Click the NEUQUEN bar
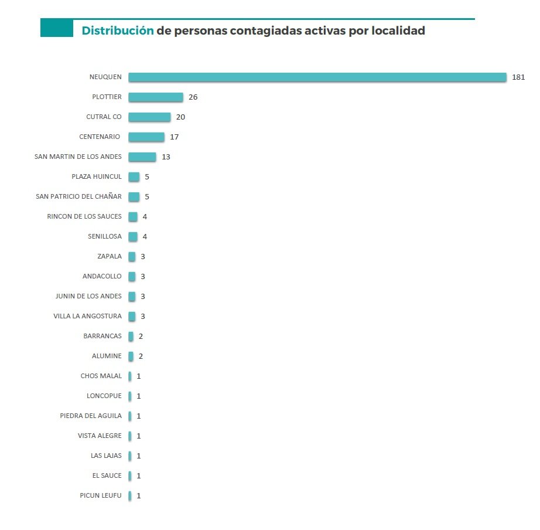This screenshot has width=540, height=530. [317, 77]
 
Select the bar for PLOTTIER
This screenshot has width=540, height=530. [155, 97]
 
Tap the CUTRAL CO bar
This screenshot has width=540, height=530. [149, 117]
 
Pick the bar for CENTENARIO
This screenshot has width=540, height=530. [146, 137]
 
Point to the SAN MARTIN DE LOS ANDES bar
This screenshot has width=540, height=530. [142, 157]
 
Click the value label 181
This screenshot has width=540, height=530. [518, 77]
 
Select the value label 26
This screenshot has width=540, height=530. [193, 97]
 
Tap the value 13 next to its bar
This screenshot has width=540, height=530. [166, 157]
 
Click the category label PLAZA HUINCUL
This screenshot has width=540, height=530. [97, 176]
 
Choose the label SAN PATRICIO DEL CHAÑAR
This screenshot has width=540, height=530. [78, 196]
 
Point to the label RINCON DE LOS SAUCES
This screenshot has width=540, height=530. [84, 216]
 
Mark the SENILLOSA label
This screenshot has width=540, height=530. [104, 236]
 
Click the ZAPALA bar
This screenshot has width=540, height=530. [132, 257]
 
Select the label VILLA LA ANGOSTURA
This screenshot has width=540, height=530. [87, 316]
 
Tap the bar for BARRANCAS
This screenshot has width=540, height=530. [131, 337]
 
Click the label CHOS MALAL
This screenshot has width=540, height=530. [101, 376]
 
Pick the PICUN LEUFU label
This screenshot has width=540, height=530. [100, 495]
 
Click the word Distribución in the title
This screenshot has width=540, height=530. [118, 30]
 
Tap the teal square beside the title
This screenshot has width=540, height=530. [56, 28]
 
